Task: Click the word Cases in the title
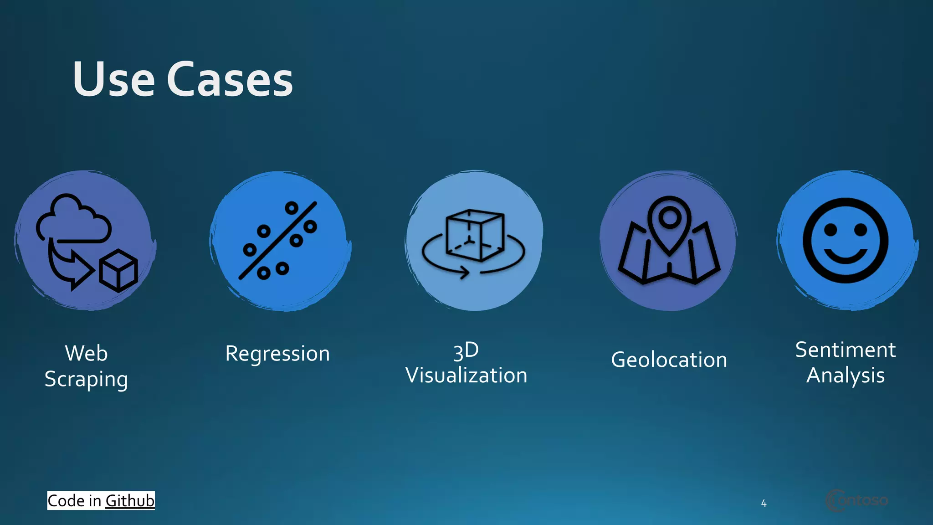[x=230, y=80]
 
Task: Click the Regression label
[x=277, y=354]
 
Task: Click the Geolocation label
[x=669, y=360]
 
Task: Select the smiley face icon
[x=846, y=241]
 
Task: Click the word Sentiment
[x=846, y=350]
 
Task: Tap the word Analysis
[x=846, y=376]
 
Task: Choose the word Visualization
[x=466, y=376]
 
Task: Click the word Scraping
[x=86, y=379]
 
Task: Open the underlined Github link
[x=130, y=500]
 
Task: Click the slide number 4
[x=764, y=504]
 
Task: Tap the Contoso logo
[x=856, y=500]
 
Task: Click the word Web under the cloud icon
[x=86, y=353]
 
